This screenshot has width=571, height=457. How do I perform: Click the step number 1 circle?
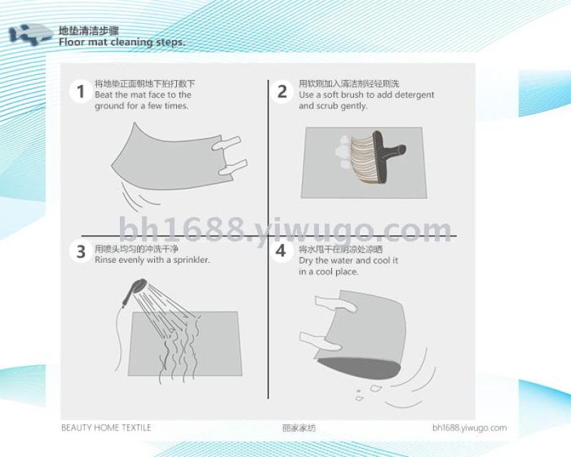tap(81, 91)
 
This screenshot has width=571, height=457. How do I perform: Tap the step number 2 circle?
tap(282, 91)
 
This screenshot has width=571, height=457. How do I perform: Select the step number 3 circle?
tap(81, 251)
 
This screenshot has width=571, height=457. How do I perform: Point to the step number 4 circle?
tap(281, 251)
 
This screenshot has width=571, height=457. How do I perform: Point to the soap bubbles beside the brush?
tap(343, 152)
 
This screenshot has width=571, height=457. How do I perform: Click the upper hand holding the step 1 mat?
tap(226, 144)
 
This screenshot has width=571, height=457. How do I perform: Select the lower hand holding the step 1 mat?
tap(233, 167)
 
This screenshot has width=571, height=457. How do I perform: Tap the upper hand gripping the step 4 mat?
tap(335, 303)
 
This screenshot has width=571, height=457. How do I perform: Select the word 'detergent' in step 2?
tap(415, 95)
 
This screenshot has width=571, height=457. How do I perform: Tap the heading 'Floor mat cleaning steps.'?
tap(122, 42)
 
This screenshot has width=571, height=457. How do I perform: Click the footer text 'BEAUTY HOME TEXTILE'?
tap(106, 428)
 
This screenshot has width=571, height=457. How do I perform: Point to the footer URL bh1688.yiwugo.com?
tap(470, 428)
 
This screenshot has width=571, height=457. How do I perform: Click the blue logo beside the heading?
tap(31, 34)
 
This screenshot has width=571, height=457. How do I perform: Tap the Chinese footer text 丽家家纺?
tap(299, 428)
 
